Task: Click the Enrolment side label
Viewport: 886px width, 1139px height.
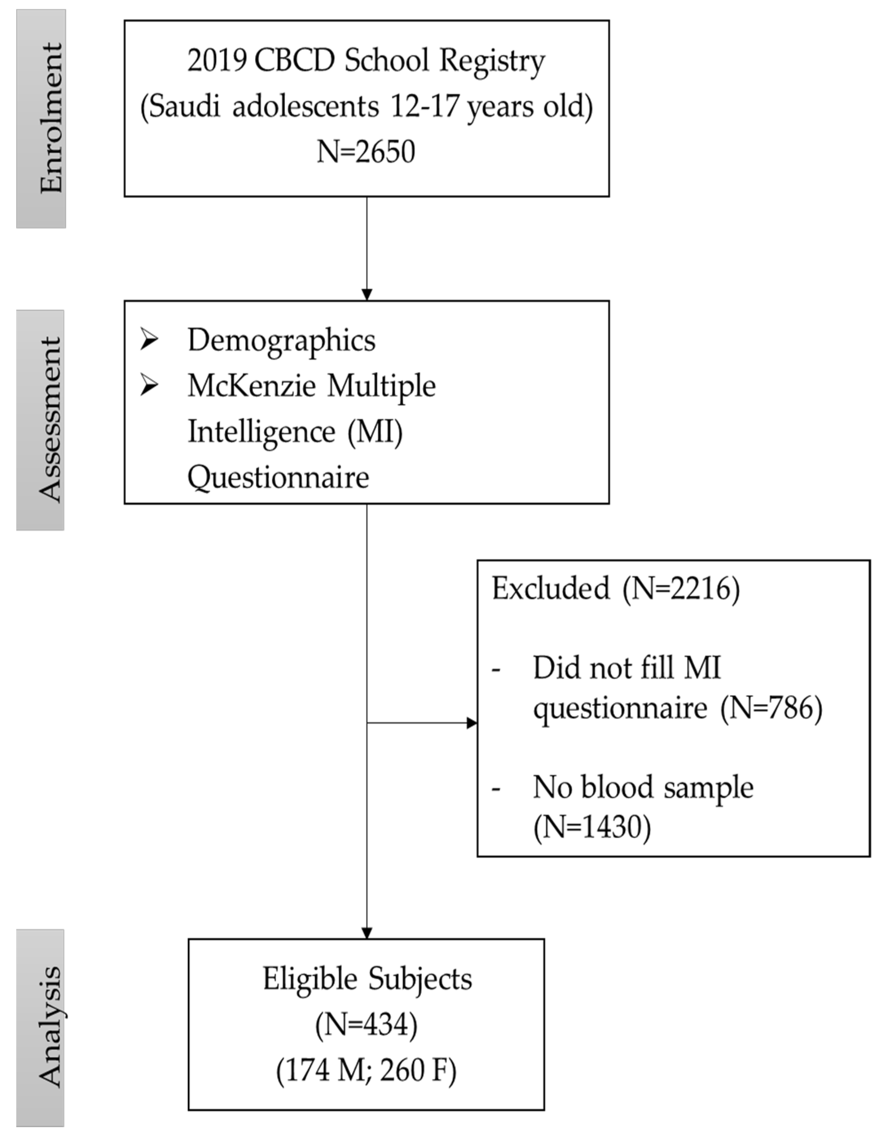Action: [x=51, y=118]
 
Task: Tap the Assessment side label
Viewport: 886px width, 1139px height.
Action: [x=50, y=420]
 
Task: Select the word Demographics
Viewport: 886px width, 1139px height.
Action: [x=281, y=340]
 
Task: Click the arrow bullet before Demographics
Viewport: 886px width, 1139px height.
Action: [x=149, y=340]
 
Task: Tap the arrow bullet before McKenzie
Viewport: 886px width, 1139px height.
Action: [x=149, y=386]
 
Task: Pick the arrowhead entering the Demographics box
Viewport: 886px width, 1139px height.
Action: [x=367, y=295]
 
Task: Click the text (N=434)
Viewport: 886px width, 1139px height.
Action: [x=366, y=1024]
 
